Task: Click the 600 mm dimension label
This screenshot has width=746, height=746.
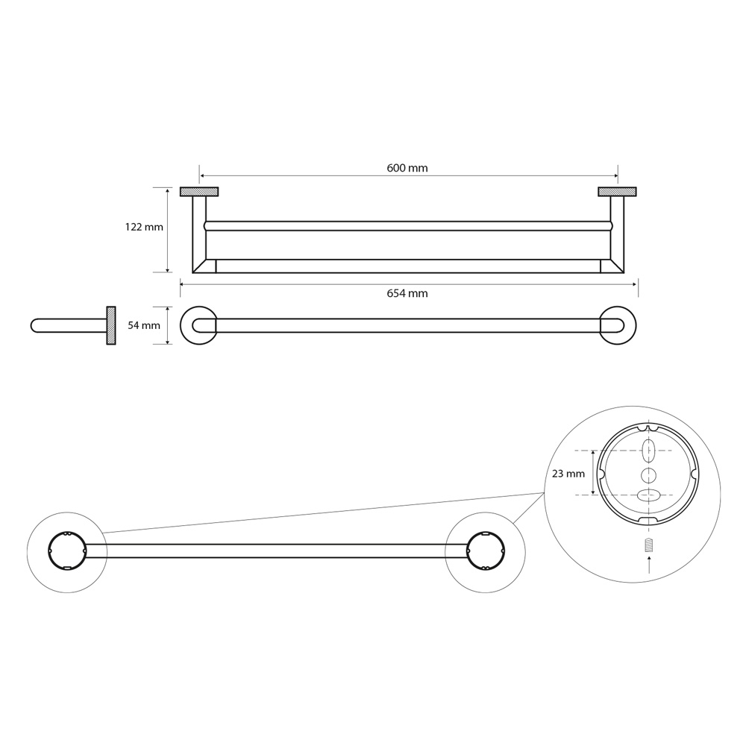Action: (x=407, y=168)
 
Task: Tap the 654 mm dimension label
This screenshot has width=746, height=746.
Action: (x=407, y=293)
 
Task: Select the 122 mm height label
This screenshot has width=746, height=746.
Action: (x=144, y=227)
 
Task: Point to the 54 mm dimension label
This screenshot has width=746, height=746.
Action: (x=144, y=325)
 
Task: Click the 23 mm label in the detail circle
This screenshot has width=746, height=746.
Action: (x=568, y=474)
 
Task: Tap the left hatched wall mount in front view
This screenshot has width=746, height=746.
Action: (x=199, y=192)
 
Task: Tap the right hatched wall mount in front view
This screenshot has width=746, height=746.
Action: (x=617, y=192)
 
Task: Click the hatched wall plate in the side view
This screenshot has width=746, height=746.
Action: (x=111, y=325)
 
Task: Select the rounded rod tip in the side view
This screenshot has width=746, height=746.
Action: (x=34, y=325)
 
